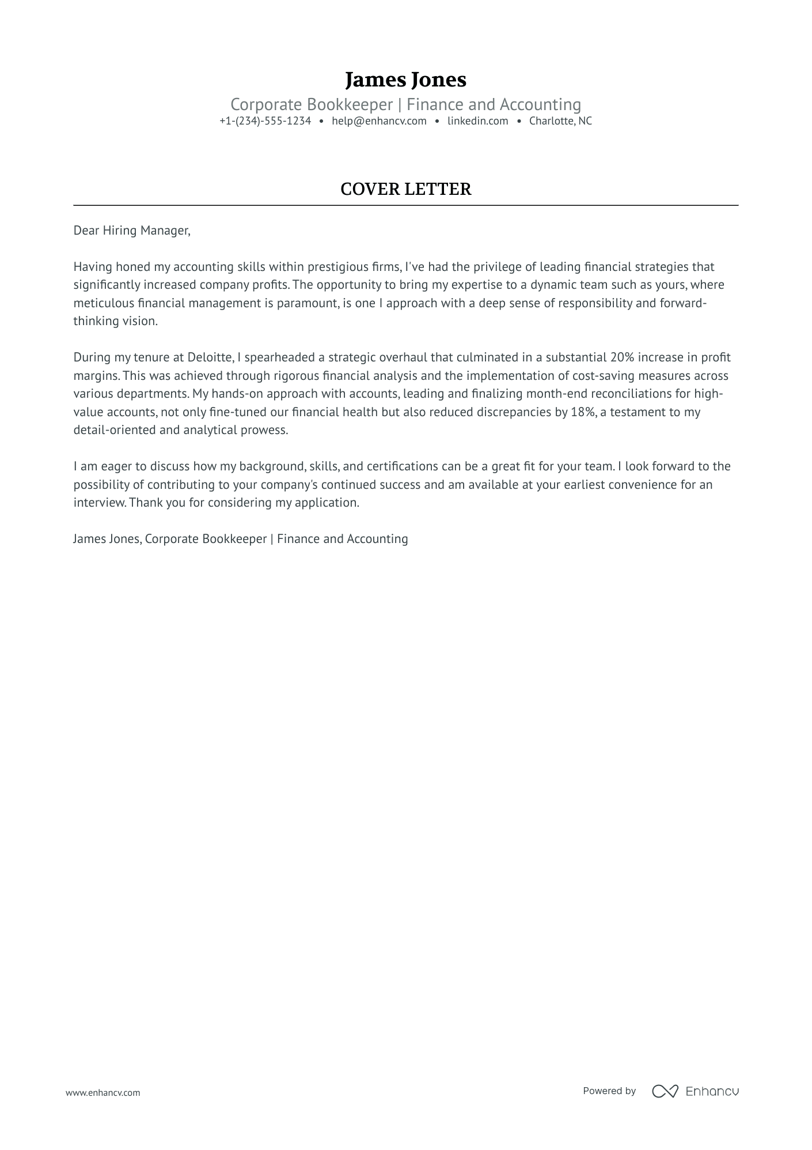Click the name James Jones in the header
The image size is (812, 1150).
405,80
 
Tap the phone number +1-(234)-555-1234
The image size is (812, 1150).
265,121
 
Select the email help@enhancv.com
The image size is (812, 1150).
379,121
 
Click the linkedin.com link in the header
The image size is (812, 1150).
477,121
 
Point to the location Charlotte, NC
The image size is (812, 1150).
560,121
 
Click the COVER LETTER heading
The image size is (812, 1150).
405,189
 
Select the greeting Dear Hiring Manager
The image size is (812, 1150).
131,231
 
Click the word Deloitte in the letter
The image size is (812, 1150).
209,357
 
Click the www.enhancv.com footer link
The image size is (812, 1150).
103,1092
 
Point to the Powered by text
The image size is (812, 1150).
609,1091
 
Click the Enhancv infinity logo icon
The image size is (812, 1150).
665,1091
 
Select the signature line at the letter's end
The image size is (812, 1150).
240,539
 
